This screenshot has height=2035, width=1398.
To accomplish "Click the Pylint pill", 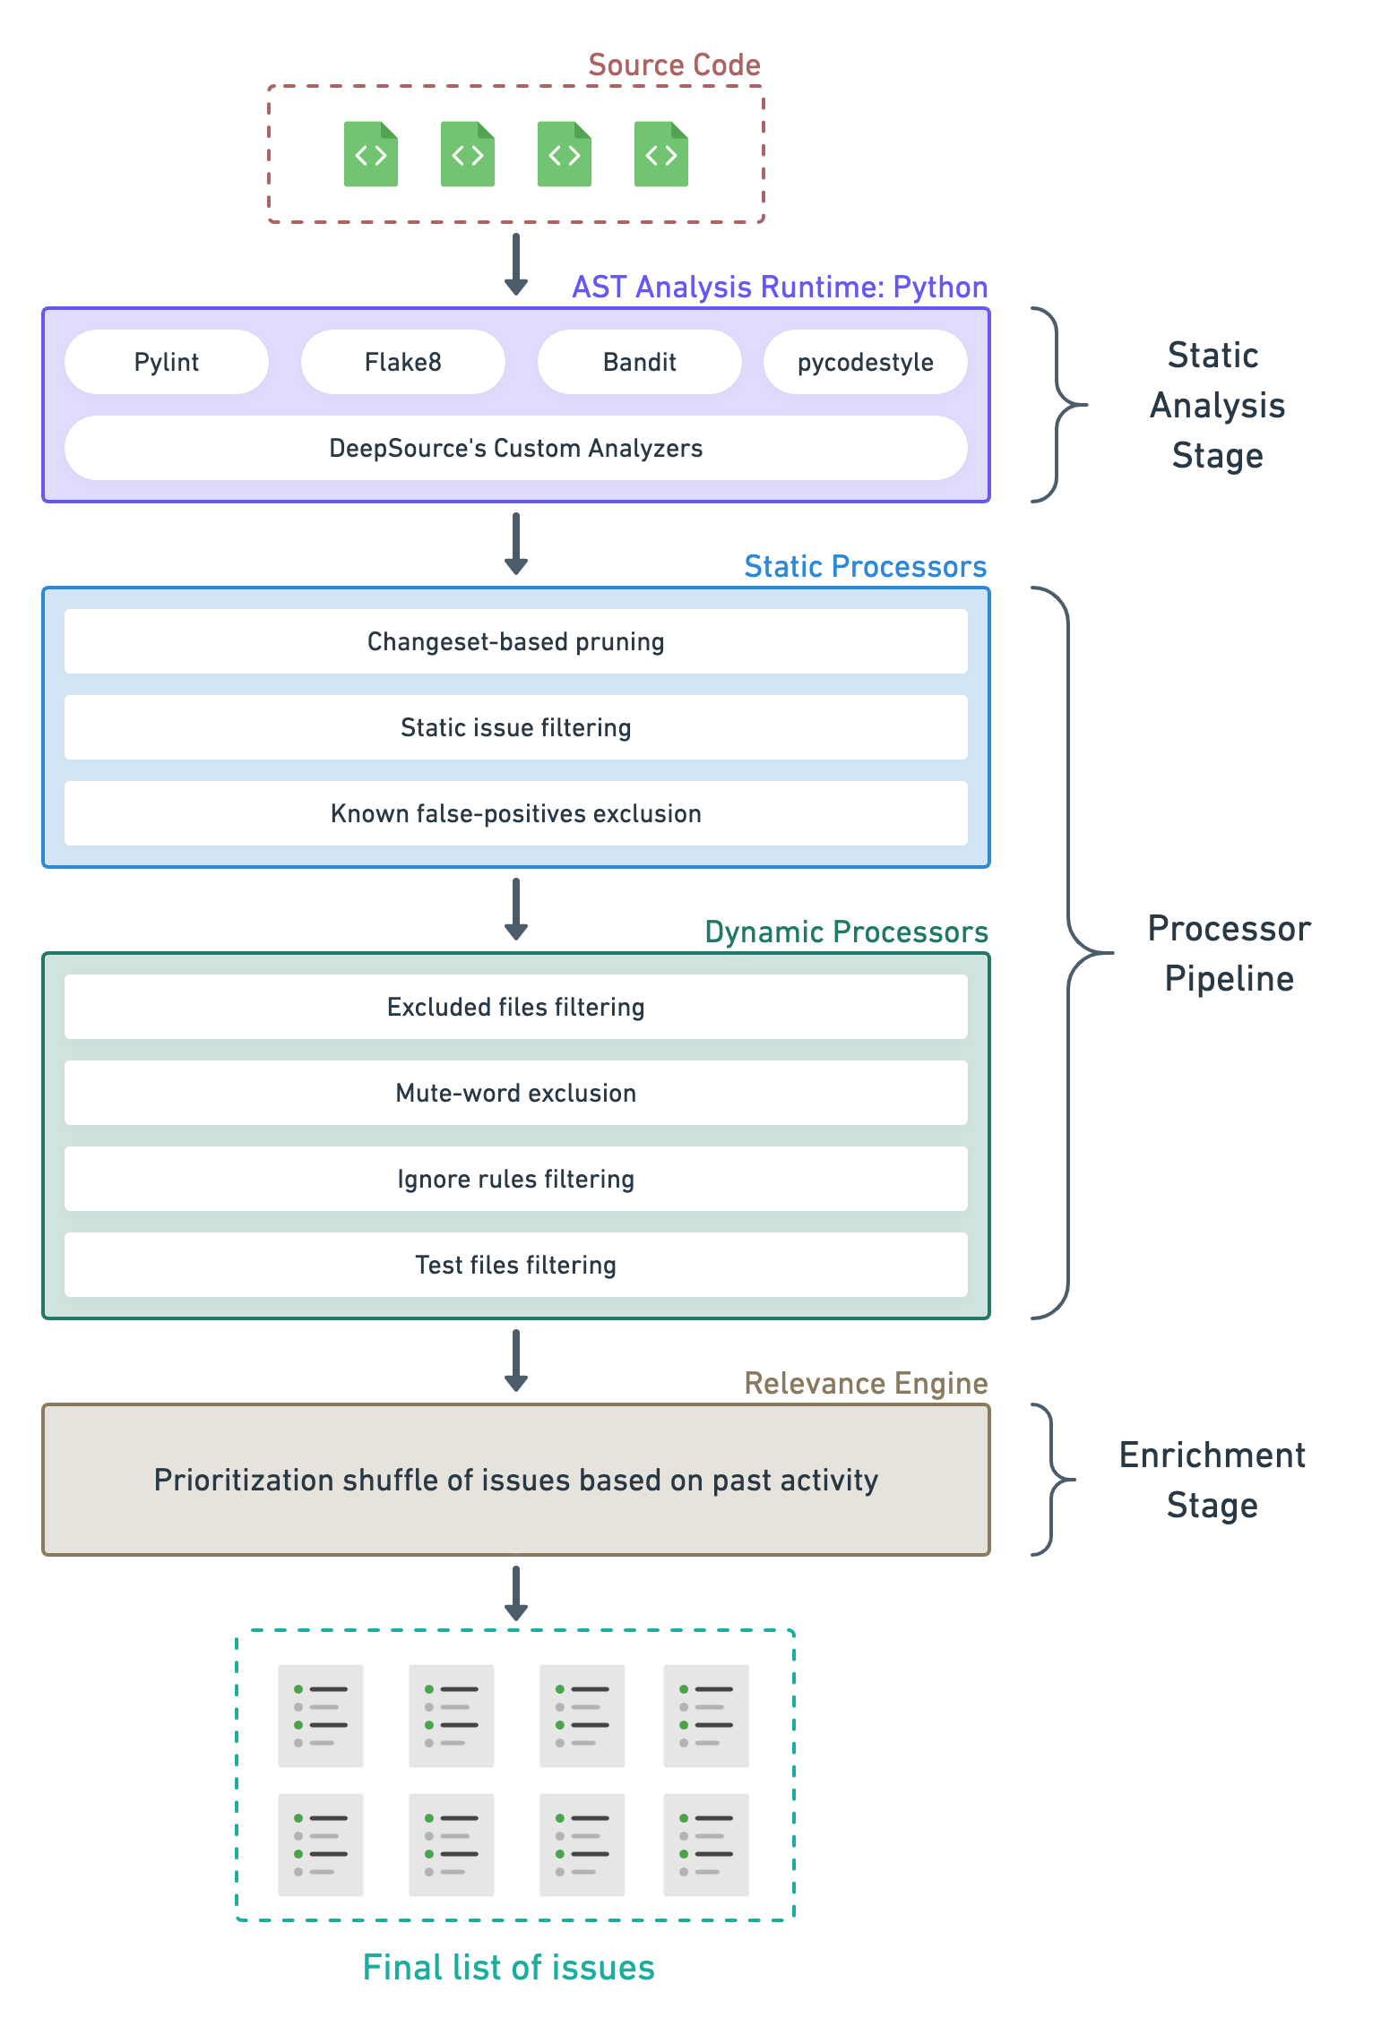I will click(x=167, y=362).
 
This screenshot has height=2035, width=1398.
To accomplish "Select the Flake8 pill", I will click(x=402, y=362).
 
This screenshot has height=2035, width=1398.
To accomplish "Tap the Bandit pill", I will click(x=639, y=362).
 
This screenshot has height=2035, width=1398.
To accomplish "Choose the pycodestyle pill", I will click(x=865, y=362).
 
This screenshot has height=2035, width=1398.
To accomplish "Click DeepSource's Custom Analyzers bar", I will click(x=515, y=448).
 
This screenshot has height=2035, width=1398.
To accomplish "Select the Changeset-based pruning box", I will click(x=515, y=641).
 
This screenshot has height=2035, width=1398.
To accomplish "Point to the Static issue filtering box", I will click(x=515, y=727).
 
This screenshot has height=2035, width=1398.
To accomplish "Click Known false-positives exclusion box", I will click(x=515, y=813).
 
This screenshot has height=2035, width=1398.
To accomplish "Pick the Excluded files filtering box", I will click(x=515, y=1007).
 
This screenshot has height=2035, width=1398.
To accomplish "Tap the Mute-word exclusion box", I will click(x=515, y=1093).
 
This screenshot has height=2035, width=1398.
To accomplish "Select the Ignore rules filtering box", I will click(x=515, y=1179).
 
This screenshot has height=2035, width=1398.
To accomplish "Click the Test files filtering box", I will click(x=515, y=1265).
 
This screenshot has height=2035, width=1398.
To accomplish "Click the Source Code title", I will click(x=674, y=65).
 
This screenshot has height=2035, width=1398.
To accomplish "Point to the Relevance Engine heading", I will click(x=866, y=1383).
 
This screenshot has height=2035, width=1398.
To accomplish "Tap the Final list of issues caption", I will click(x=508, y=1968).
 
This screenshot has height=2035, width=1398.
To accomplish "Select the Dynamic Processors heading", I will click(x=846, y=932).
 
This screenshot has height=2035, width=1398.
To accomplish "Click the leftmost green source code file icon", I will click(x=371, y=154).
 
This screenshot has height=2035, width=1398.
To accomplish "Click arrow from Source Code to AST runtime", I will click(x=516, y=264).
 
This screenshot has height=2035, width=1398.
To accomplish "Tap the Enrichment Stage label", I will click(x=1212, y=1480).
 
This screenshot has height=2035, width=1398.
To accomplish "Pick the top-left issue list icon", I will click(x=321, y=1715).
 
